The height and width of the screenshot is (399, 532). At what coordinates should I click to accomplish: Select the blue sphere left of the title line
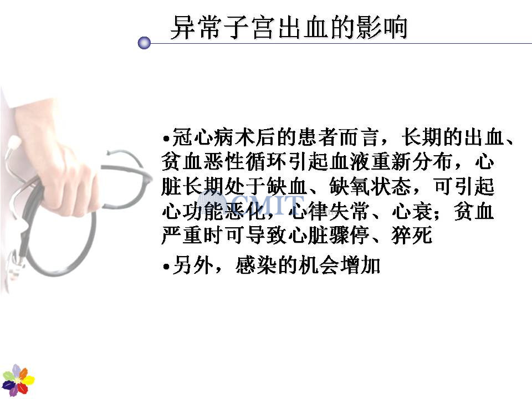click(x=144, y=43)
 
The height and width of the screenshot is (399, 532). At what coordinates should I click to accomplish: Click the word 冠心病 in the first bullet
click(x=203, y=137)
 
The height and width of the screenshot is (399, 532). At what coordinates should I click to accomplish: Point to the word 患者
click(x=318, y=137)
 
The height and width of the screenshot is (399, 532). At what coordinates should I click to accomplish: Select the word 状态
click(x=391, y=186)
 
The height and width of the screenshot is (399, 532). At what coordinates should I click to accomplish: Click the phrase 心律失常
click(x=329, y=211)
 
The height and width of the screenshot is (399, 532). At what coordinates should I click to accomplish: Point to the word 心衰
click(x=412, y=211)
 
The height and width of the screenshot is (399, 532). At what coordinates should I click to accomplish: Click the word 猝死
click(x=412, y=235)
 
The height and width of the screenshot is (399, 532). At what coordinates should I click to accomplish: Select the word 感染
click(x=256, y=265)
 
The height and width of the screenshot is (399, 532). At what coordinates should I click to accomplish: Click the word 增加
click(x=360, y=265)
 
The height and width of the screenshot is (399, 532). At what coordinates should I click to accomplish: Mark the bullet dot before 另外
click(x=166, y=267)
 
